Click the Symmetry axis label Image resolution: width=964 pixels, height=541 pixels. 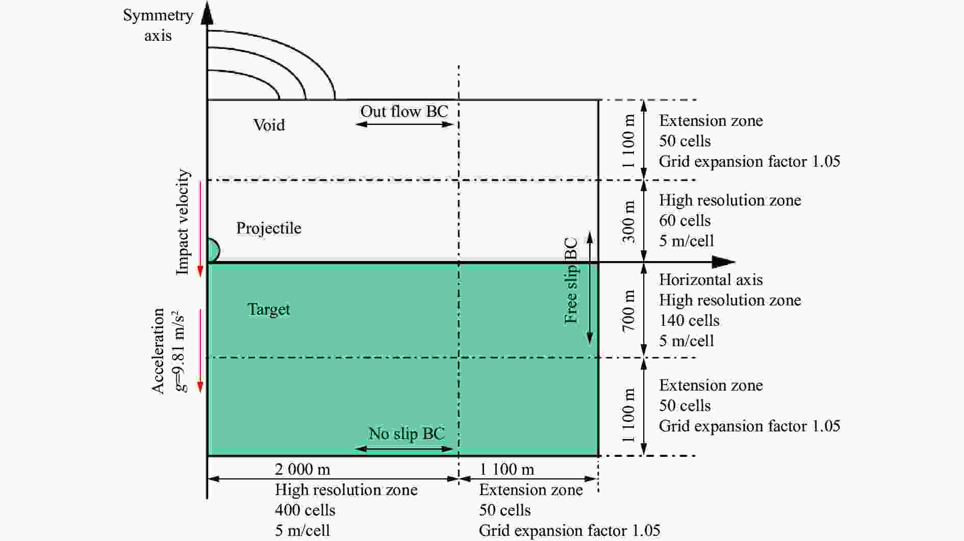[158, 25]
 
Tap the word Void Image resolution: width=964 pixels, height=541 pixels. [269, 125]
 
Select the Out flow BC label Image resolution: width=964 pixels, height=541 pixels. [404, 111]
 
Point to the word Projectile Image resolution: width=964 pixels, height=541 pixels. [269, 228]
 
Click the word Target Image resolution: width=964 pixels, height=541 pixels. [269, 309]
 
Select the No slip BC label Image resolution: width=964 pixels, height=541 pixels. [407, 433]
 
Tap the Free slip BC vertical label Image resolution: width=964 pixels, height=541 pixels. [571, 280]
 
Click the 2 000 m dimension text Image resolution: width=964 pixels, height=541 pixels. [302, 469]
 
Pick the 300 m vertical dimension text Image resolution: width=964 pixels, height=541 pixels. [629, 221]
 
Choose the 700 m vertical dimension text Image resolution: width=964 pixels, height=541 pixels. [629, 310]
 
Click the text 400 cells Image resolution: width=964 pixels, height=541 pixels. [305, 510]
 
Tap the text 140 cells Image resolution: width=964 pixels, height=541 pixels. [689, 320]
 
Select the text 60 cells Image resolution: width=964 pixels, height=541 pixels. [684, 220]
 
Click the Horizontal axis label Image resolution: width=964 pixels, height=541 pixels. [711, 279]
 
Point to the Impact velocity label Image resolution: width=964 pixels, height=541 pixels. [183, 222]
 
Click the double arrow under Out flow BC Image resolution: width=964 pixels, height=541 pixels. [404, 124]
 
